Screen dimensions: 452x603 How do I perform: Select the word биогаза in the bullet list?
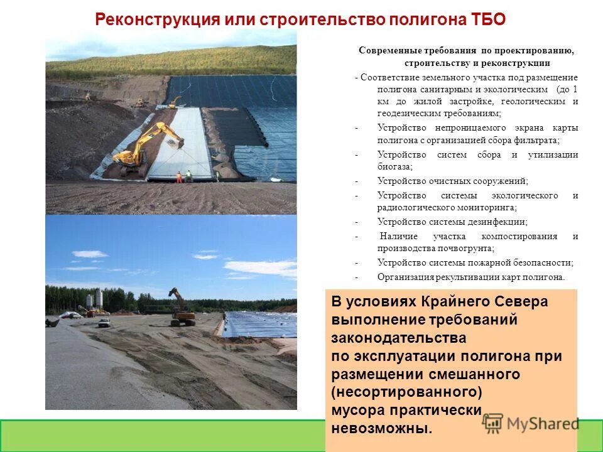click(394, 167)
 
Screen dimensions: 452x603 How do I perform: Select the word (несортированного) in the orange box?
click(406, 392)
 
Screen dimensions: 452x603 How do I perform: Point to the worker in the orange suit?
click(179, 177)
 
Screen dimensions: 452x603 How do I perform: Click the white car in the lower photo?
click(104, 323)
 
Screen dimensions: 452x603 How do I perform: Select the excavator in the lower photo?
click(181, 309)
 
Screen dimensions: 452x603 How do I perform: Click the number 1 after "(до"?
click(575, 90)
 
